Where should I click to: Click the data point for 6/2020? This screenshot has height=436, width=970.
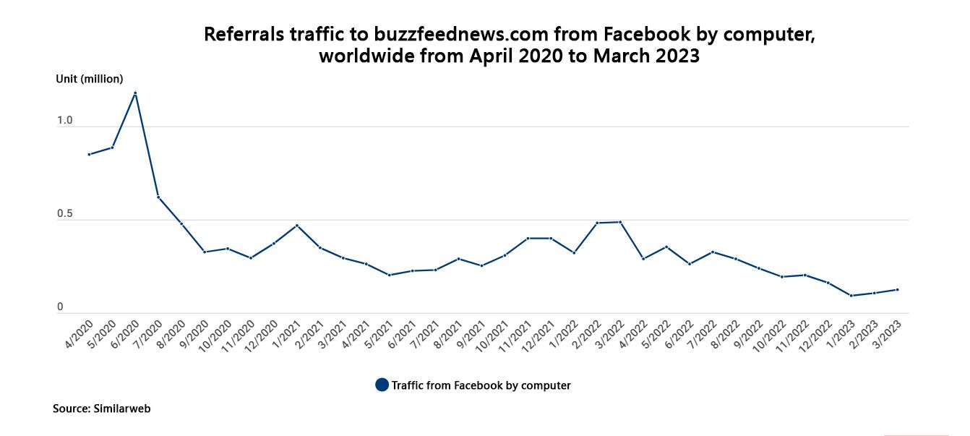tap(135, 93)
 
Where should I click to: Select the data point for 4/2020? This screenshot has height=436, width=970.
tap(89, 154)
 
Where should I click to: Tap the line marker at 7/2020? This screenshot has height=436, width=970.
tap(158, 197)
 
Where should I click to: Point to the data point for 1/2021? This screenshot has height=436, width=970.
tap(297, 226)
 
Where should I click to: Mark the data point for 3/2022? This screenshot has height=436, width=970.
tap(620, 222)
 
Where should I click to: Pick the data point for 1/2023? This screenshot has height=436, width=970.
tap(851, 296)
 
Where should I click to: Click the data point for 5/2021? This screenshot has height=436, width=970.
tap(390, 275)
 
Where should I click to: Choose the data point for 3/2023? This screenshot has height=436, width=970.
tap(898, 290)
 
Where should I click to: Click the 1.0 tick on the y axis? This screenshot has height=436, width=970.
tap(65, 121)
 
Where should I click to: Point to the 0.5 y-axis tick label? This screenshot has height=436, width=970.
tap(65, 215)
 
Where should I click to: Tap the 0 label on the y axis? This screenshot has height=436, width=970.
tap(60, 307)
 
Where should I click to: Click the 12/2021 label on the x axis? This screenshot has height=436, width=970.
tap(539, 335)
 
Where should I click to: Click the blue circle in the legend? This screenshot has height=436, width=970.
tap(382, 385)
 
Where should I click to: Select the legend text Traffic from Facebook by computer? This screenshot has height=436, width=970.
tap(481, 385)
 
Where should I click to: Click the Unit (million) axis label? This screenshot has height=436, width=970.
tap(90, 79)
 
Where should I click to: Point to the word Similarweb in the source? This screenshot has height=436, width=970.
tap(122, 409)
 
